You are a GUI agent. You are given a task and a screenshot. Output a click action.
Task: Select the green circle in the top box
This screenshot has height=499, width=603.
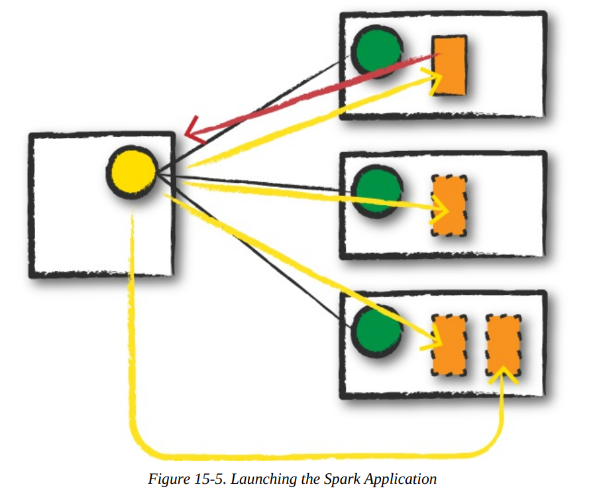pyautogui.click(x=376, y=51)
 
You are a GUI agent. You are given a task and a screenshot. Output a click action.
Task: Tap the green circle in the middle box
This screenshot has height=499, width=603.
pyautogui.click(x=376, y=190)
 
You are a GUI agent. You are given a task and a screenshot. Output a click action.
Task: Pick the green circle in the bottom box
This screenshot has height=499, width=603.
pyautogui.click(x=376, y=329)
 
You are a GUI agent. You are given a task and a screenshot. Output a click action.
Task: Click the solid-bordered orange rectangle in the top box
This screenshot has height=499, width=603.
pyautogui.click(x=450, y=65)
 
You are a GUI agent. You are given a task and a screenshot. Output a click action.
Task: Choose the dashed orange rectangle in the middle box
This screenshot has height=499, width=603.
pyautogui.click(x=449, y=206)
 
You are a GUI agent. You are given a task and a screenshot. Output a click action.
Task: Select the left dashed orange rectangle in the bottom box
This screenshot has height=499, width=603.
pyautogui.click(x=449, y=345)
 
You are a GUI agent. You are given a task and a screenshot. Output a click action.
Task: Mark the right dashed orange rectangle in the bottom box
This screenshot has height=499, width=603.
pyautogui.click(x=503, y=345)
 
